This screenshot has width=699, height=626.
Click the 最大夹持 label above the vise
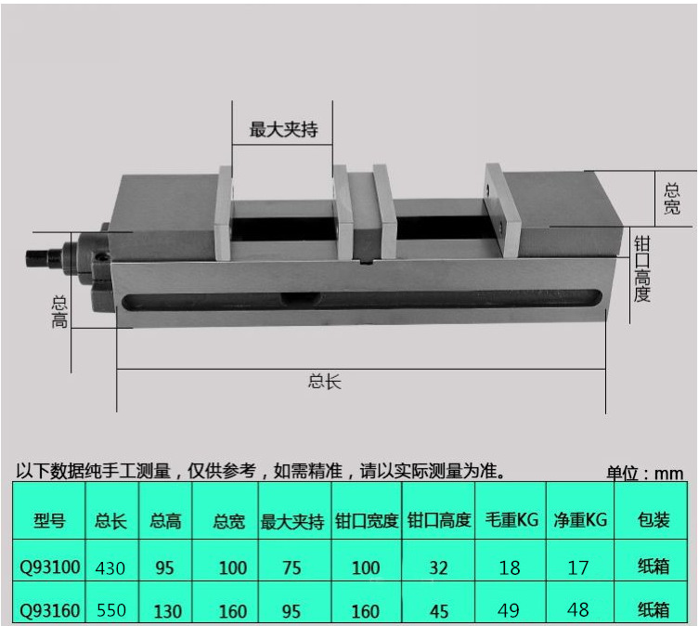pyautogui.click(x=283, y=130)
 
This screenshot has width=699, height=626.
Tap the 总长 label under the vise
pyautogui.click(x=325, y=381)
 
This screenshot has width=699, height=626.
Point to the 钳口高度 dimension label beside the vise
pyautogui.click(x=641, y=268)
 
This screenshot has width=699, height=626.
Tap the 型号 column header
pyautogui.click(x=49, y=520)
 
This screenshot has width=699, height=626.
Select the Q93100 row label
pyautogui.click(x=49, y=567)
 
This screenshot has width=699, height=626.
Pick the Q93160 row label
pyautogui.click(x=49, y=610)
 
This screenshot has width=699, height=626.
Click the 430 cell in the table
pyautogui.click(x=110, y=567)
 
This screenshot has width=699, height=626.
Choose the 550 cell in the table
pyautogui.click(x=110, y=610)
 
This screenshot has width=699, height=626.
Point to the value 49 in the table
pyautogui.click(x=510, y=610)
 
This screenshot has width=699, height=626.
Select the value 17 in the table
pyautogui.click(x=578, y=567)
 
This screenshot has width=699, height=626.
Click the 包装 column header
pyautogui.click(x=654, y=520)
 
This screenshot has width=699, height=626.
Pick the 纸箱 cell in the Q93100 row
pyautogui.click(x=654, y=567)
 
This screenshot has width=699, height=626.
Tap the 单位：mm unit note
pyautogui.click(x=645, y=473)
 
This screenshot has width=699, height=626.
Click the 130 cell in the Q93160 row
pyautogui.click(x=164, y=610)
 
